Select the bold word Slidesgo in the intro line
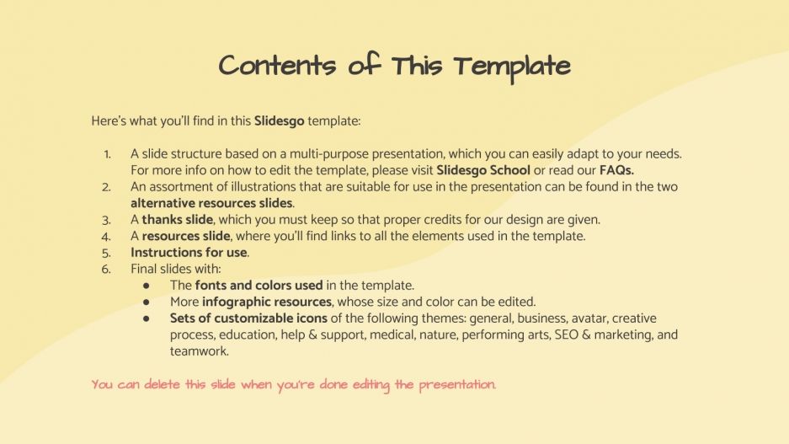279,121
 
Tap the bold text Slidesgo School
483,170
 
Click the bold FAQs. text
616,170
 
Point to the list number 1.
107,154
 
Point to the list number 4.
107,236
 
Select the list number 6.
107,269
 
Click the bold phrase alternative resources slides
212,203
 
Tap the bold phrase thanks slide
177,220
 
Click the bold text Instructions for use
189,253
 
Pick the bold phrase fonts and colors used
247,286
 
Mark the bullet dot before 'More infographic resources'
147,302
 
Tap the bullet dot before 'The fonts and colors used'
147,286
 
